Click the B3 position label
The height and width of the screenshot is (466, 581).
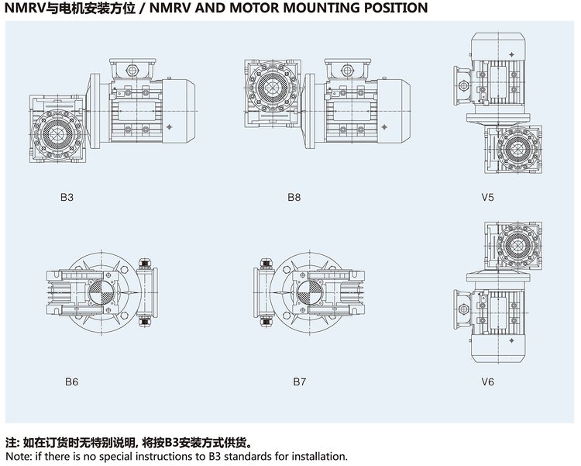pos(67,197)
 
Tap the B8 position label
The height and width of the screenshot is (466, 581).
pos(294,197)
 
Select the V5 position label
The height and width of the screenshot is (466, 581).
pos(486,197)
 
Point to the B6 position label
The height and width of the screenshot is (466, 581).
pos(71,381)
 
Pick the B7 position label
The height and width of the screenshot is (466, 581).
pos(300,381)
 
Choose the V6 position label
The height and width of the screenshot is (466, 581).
pos(486,381)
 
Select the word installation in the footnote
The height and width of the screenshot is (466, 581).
pos(319,457)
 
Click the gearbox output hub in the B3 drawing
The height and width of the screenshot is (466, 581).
pos(59,133)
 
